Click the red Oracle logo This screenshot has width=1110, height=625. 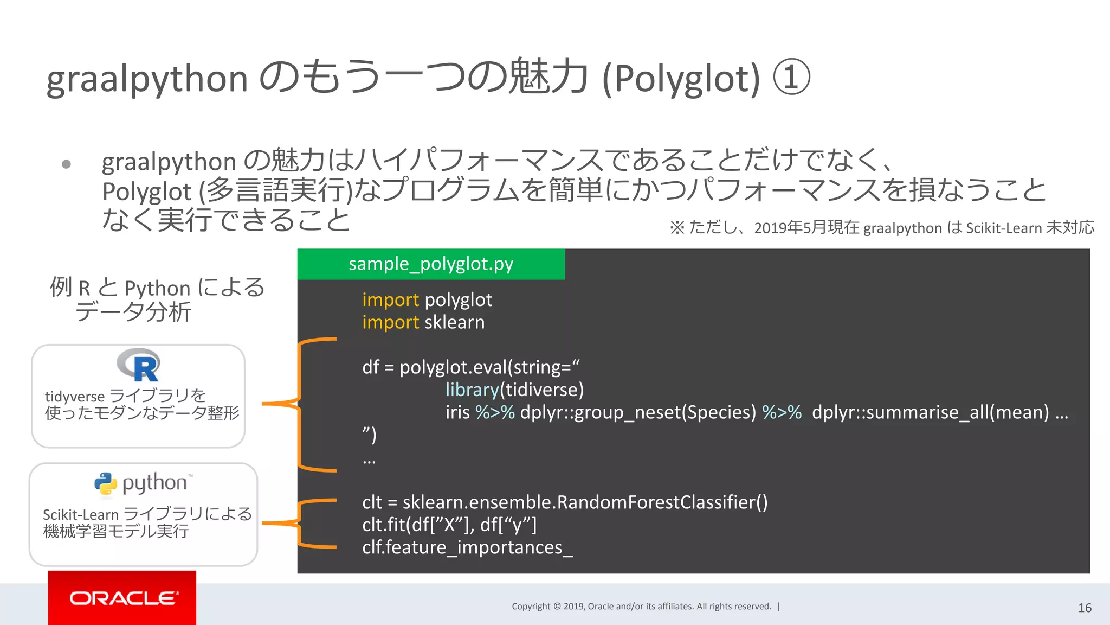(x=122, y=598)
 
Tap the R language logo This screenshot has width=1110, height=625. (x=139, y=366)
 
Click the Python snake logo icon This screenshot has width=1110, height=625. (x=105, y=483)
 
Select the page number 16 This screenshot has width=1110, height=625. (x=1085, y=608)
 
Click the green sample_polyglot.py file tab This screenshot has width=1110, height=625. (x=430, y=264)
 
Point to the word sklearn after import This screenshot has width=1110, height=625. (x=454, y=322)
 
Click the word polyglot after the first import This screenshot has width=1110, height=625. (x=458, y=300)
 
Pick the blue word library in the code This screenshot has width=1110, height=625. (x=472, y=390)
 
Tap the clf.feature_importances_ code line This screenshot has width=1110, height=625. (x=467, y=547)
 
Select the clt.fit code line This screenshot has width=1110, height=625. (x=449, y=525)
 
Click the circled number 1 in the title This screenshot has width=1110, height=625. (x=791, y=78)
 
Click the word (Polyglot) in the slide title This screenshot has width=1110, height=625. (x=681, y=79)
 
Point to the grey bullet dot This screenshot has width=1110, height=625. (x=66, y=164)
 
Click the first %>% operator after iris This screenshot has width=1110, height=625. (x=494, y=412)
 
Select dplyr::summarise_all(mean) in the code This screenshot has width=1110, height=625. (x=930, y=412)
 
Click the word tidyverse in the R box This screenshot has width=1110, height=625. (x=74, y=397)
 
